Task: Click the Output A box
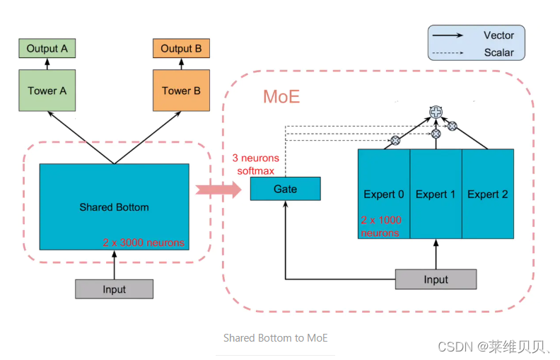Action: pyautogui.click(x=47, y=49)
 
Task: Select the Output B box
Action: pyautogui.click(x=181, y=49)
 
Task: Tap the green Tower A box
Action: pyautogui.click(x=47, y=91)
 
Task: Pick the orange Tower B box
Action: pyautogui.click(x=181, y=91)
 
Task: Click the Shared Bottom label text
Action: pyautogui.click(x=114, y=207)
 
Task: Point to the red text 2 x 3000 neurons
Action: pyautogui.click(x=144, y=243)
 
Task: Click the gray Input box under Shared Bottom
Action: pyautogui.click(x=114, y=289)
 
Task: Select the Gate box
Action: pyautogui.click(x=285, y=189)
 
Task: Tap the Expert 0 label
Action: pyautogui.click(x=384, y=194)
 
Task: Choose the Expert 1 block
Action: pyautogui.click(x=436, y=194)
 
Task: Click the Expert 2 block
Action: pyautogui.click(x=488, y=194)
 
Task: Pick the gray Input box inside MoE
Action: pyautogui.click(x=436, y=279)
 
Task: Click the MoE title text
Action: pyautogui.click(x=281, y=97)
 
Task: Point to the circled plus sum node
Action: pyautogui.click(x=436, y=111)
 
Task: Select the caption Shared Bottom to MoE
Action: pyautogui.click(x=275, y=338)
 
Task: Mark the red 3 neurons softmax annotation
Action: pyautogui.click(x=255, y=164)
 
